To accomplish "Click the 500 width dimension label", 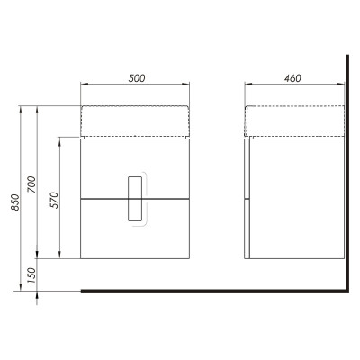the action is click(137, 78).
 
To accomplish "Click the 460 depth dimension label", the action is click(292, 78).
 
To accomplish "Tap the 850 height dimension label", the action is click(15, 202).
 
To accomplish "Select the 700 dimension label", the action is click(31, 184).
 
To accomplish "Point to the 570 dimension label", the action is click(55, 200).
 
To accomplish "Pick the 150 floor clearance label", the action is click(31, 275).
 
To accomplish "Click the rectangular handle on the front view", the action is click(135, 199).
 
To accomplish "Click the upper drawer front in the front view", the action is click(135, 168).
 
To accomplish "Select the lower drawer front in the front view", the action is click(135, 229).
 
